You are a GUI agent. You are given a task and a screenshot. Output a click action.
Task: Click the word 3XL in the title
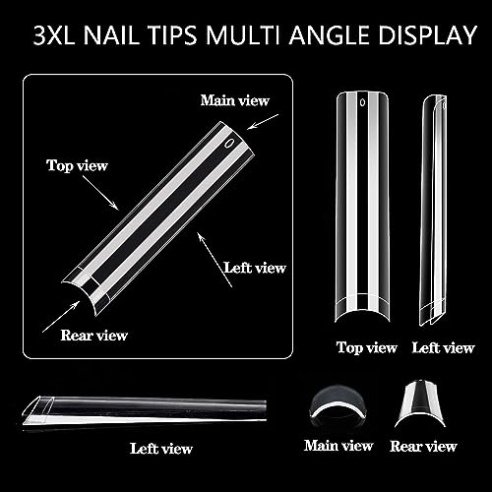(x=54, y=35)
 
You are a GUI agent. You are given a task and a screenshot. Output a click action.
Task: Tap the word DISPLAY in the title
(x=427, y=35)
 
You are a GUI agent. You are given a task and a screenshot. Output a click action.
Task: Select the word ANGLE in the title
(x=331, y=35)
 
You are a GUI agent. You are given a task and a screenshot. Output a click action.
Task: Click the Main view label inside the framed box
(x=235, y=100)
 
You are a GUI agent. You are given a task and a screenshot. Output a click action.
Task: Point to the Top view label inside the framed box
(x=77, y=165)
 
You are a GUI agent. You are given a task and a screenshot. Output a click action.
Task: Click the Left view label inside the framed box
(x=255, y=268)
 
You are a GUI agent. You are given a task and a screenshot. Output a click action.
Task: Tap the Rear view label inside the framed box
(x=93, y=336)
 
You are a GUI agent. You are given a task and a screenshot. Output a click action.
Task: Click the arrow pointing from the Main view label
(x=263, y=122)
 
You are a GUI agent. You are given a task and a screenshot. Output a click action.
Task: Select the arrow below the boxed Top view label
(x=100, y=192)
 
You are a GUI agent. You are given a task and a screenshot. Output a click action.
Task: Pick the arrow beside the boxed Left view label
(x=215, y=260)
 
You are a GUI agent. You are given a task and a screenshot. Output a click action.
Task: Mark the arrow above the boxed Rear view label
(x=61, y=317)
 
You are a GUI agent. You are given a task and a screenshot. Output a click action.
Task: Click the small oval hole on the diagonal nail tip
(x=229, y=143)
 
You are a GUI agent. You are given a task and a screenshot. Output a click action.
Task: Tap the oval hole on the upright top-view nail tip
(x=362, y=102)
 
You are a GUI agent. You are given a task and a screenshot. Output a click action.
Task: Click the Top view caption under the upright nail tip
(x=367, y=347)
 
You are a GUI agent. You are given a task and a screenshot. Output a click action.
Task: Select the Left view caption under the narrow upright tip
(x=444, y=347)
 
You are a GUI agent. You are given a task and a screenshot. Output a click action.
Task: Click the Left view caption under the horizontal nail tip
(x=161, y=449)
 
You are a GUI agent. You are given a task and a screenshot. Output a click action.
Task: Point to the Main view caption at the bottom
(x=338, y=446)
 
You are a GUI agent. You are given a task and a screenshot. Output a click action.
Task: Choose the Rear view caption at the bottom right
(x=423, y=446)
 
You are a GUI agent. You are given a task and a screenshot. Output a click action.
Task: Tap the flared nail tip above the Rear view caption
(x=420, y=404)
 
